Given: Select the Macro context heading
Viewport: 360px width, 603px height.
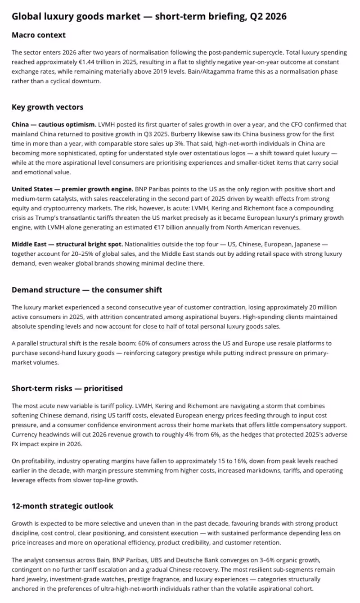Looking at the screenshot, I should (39, 35).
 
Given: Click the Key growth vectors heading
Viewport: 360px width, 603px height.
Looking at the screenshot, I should (47, 107).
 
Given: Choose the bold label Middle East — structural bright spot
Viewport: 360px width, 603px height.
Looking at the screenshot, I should (67, 245).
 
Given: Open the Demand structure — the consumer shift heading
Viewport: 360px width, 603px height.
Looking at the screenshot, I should (87, 290).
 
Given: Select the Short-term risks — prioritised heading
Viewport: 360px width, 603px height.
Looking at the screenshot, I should (67, 388).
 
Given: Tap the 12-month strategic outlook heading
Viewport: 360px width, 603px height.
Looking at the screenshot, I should (63, 506).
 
